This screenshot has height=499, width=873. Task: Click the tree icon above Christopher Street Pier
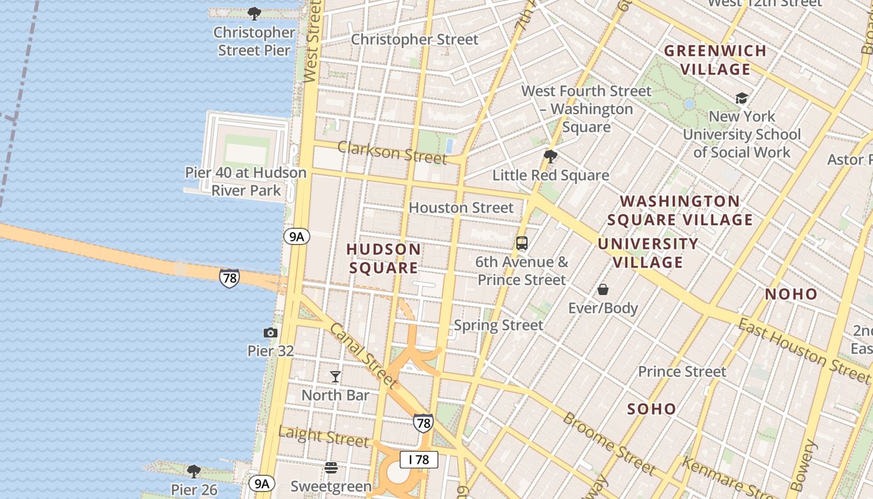click(x=254, y=13)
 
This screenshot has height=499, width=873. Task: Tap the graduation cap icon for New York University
click(x=741, y=98)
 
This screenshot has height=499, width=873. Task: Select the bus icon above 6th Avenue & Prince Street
click(x=522, y=243)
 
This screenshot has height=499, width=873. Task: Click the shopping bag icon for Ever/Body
click(x=603, y=289)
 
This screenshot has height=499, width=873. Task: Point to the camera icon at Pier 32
click(x=271, y=332)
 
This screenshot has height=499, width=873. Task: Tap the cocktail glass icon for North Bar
click(x=335, y=376)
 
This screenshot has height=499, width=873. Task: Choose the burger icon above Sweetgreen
click(x=331, y=467)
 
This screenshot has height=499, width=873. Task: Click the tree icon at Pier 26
click(x=194, y=471)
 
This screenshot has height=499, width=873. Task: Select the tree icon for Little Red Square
click(x=550, y=156)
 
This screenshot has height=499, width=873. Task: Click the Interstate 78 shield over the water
click(x=229, y=278)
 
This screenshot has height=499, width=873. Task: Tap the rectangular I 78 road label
click(x=419, y=460)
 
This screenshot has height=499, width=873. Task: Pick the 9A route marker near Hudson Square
click(x=296, y=236)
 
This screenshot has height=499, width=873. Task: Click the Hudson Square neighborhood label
click(x=383, y=258)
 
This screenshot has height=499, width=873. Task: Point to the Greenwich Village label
click(x=715, y=60)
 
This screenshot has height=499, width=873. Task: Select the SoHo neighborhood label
click(x=652, y=409)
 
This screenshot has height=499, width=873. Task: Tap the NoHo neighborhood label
click(x=791, y=294)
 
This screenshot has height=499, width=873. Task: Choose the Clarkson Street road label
click(x=392, y=152)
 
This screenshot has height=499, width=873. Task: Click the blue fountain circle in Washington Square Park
click(x=689, y=104)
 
